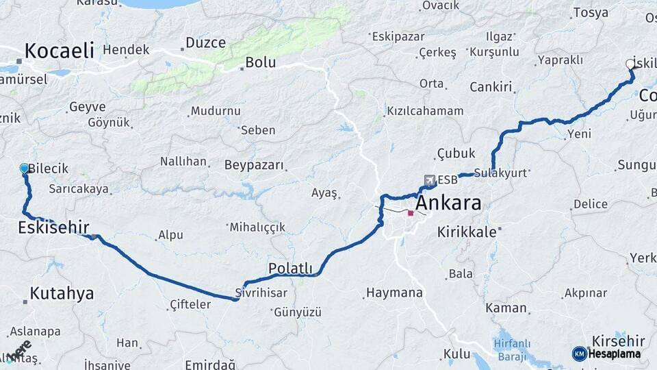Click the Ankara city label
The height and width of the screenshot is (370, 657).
(448, 203)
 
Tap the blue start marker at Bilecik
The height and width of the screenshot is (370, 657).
(25, 168)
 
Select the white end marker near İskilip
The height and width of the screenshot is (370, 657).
(630, 64)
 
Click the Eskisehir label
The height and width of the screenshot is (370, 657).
(53, 227)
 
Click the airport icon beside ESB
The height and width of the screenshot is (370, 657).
(429, 180)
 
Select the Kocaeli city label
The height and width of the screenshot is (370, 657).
(60, 50)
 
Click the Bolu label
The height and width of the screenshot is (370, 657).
(260, 62)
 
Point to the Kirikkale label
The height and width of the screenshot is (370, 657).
(467, 232)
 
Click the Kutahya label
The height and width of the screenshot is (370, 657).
(62, 294)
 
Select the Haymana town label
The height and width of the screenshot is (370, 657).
(394, 293)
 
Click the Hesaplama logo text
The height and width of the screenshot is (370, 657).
(614, 354)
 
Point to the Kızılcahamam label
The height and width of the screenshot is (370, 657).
(425, 111)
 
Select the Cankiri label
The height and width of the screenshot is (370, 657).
(491, 87)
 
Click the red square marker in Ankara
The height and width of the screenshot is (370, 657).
(411, 214)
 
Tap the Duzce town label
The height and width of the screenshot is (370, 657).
(205, 42)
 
